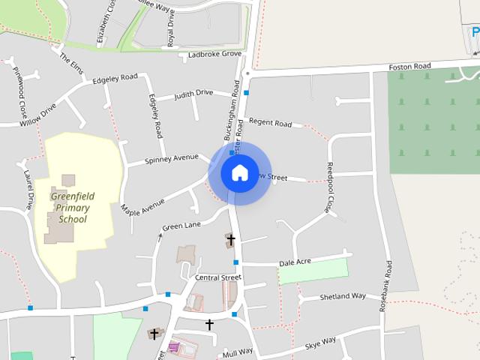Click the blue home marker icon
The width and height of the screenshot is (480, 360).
point(239,172)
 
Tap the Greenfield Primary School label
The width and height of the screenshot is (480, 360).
point(72,208)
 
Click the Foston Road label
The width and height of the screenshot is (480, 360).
point(409,67)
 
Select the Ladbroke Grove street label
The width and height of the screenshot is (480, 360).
point(214,54)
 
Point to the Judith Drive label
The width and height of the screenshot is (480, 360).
point(193,94)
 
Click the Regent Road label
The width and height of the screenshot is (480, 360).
point(270,122)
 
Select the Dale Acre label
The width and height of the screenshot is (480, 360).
point(295,262)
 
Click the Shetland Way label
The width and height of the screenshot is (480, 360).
point(342,296)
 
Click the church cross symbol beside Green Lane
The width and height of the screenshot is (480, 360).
point(231,240)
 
